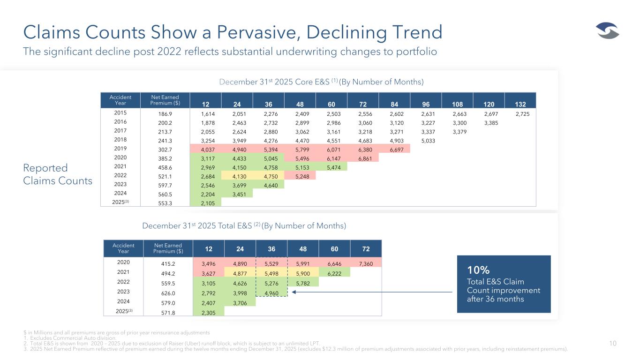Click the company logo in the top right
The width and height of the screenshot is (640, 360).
(x=608, y=31)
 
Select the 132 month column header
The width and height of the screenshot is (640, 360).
(x=520, y=104)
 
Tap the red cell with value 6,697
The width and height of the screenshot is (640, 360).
(x=394, y=149)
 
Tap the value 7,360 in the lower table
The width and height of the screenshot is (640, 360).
(x=366, y=263)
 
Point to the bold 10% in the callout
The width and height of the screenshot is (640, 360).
(x=478, y=270)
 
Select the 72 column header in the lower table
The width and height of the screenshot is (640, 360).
(x=366, y=247)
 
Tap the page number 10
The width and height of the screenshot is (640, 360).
(x=613, y=344)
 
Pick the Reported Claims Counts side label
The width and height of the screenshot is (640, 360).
(x=58, y=174)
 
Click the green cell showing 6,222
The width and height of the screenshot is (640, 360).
(x=334, y=274)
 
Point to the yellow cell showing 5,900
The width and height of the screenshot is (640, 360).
(x=303, y=274)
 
